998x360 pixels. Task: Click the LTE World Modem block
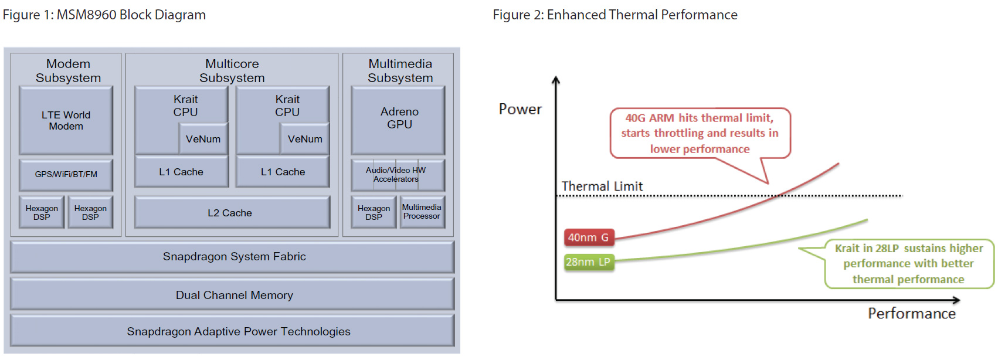coord(66,120)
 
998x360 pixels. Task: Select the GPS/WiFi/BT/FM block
coord(66,174)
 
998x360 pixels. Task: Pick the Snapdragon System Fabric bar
coord(233,257)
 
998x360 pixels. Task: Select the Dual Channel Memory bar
coord(233,295)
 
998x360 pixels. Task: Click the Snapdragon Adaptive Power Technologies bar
coord(233,331)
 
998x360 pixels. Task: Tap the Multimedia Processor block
coord(422,212)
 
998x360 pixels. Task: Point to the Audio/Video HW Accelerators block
coord(397,175)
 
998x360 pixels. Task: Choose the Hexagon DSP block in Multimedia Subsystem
coord(374,212)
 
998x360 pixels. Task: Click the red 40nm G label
coord(589,237)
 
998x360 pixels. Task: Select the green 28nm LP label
coord(589,262)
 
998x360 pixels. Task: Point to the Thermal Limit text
coord(602,186)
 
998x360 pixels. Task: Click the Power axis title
coord(520,109)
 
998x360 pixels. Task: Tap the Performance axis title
coord(912,314)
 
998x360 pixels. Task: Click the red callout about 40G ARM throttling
coord(700,133)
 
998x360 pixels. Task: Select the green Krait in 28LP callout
coord(908,264)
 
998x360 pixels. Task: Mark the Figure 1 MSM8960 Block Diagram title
coord(104,15)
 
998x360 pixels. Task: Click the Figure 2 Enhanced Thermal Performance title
coord(615,15)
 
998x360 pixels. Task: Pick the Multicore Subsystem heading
coord(232,71)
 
